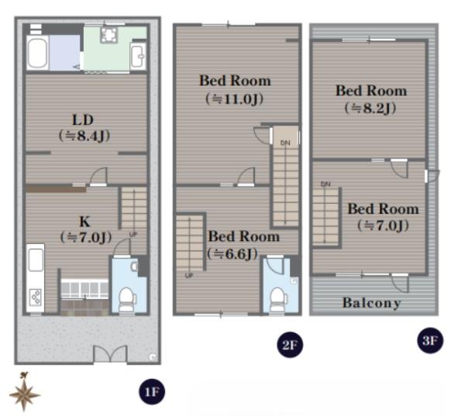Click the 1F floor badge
click(x=152, y=391)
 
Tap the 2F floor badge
click(x=290, y=345)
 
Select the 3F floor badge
click(x=430, y=340)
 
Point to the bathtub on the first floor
click(x=37, y=53)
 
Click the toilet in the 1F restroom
click(x=128, y=300)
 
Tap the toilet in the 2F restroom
click(x=278, y=300)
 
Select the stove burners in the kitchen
click(x=36, y=297)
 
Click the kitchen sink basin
click(x=36, y=260)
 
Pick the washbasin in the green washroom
click(x=138, y=57)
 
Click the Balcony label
click(x=371, y=303)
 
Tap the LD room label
click(x=83, y=120)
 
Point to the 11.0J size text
click(x=234, y=98)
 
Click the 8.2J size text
click(x=370, y=108)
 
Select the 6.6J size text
click(x=232, y=254)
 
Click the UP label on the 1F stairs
click(x=133, y=235)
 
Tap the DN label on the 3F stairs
click(x=325, y=184)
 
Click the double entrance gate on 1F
click(x=110, y=354)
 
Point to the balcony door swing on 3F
click(x=401, y=284)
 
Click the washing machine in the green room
click(x=109, y=35)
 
